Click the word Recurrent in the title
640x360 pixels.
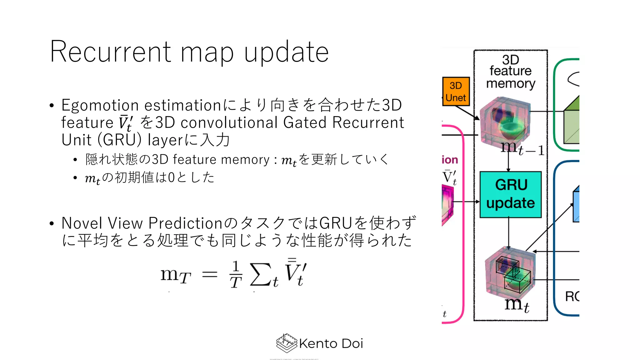(111, 52)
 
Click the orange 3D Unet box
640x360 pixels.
(456, 92)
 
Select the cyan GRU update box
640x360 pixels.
(510, 194)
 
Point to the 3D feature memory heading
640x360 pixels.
(510, 72)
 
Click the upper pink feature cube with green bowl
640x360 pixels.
(505, 122)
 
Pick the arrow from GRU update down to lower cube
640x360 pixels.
(508, 233)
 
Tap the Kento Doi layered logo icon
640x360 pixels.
(286, 343)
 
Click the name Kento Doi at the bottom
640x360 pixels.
(331, 344)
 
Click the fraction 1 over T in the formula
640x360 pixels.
(236, 274)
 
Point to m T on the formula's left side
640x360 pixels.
(175, 275)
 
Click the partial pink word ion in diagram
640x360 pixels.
(450, 160)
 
